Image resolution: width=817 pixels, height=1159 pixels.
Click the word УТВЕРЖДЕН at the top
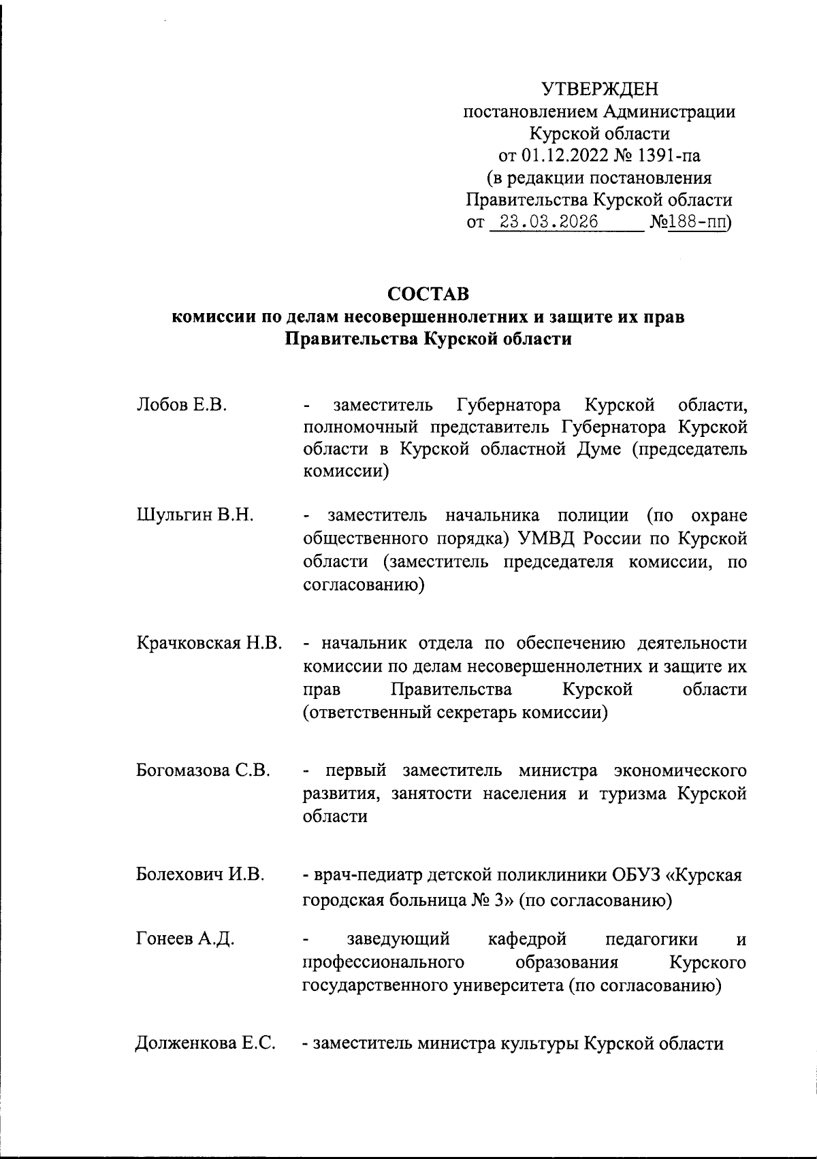point(600,89)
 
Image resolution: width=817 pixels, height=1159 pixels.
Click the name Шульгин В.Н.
point(195,515)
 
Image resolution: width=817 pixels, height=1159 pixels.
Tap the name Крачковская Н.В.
point(209,643)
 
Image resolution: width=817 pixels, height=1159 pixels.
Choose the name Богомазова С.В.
point(204,771)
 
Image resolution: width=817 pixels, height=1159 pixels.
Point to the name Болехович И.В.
point(199,874)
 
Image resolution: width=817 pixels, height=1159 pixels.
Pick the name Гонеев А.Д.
point(185,940)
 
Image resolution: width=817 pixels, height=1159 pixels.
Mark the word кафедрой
point(528,940)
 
